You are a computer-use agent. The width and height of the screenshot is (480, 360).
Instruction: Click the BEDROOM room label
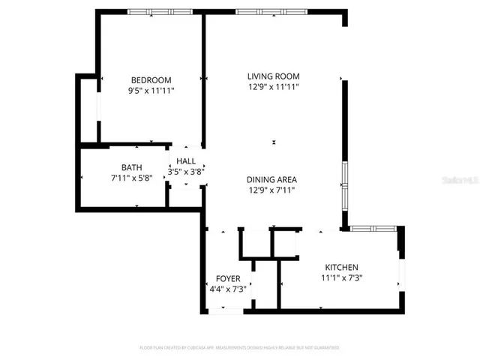coord(151,80)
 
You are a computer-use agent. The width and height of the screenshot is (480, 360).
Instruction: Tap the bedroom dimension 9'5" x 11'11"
coord(151,91)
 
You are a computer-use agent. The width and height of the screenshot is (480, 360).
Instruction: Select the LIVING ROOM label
coord(274,76)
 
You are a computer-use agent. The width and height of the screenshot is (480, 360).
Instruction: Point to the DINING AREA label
coord(273,179)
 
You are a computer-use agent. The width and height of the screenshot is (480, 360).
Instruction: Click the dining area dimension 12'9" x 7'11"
coord(273,190)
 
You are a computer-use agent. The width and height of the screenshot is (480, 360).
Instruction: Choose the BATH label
coord(131,167)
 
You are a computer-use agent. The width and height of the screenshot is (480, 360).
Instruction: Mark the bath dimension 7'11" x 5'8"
coord(131,178)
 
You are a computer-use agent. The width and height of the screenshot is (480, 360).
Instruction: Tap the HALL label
coord(186,161)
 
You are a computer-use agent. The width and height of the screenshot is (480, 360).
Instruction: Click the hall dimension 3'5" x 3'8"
coord(186,172)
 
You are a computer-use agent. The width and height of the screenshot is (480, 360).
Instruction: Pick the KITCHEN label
coord(341,268)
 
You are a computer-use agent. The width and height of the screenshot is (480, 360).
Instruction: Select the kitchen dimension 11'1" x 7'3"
coord(341,278)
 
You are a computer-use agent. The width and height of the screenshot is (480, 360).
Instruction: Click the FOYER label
coord(228,278)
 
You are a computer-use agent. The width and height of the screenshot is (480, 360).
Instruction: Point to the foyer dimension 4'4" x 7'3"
coord(228,289)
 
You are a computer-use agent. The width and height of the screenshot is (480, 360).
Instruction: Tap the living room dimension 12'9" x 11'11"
coord(274,86)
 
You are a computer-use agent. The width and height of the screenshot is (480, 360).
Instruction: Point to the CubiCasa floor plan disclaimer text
coord(240,348)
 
